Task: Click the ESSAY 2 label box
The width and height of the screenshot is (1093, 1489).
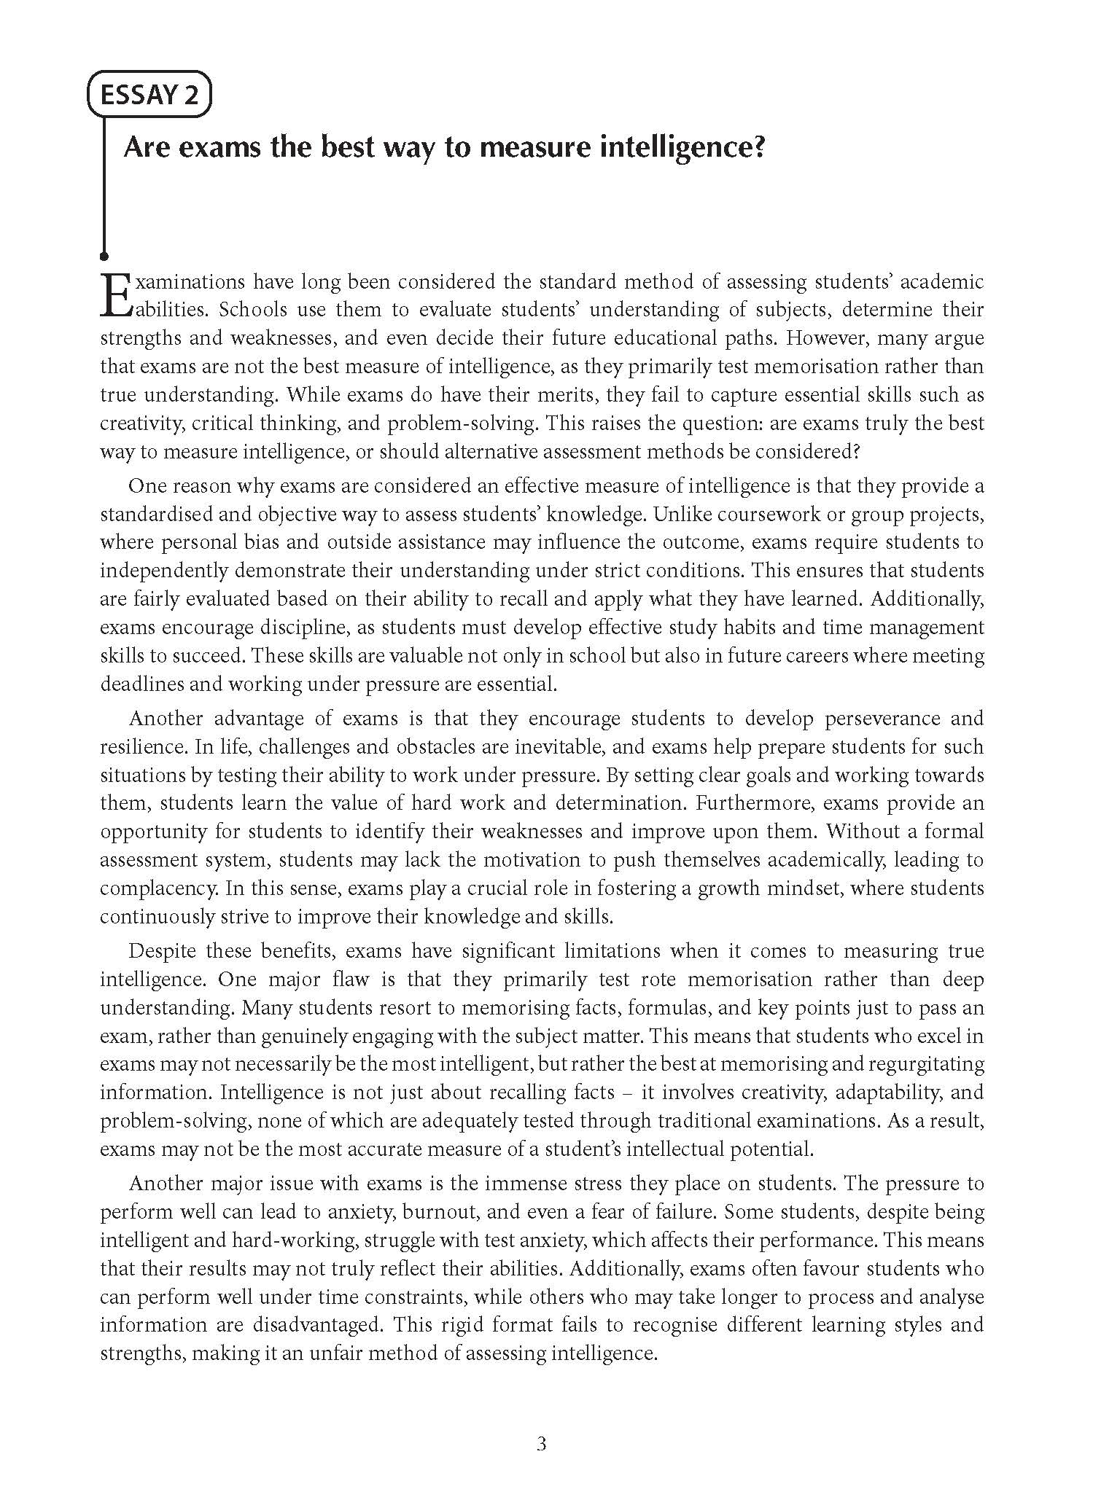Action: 149,95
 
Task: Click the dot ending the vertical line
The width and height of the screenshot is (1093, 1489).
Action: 104,256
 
